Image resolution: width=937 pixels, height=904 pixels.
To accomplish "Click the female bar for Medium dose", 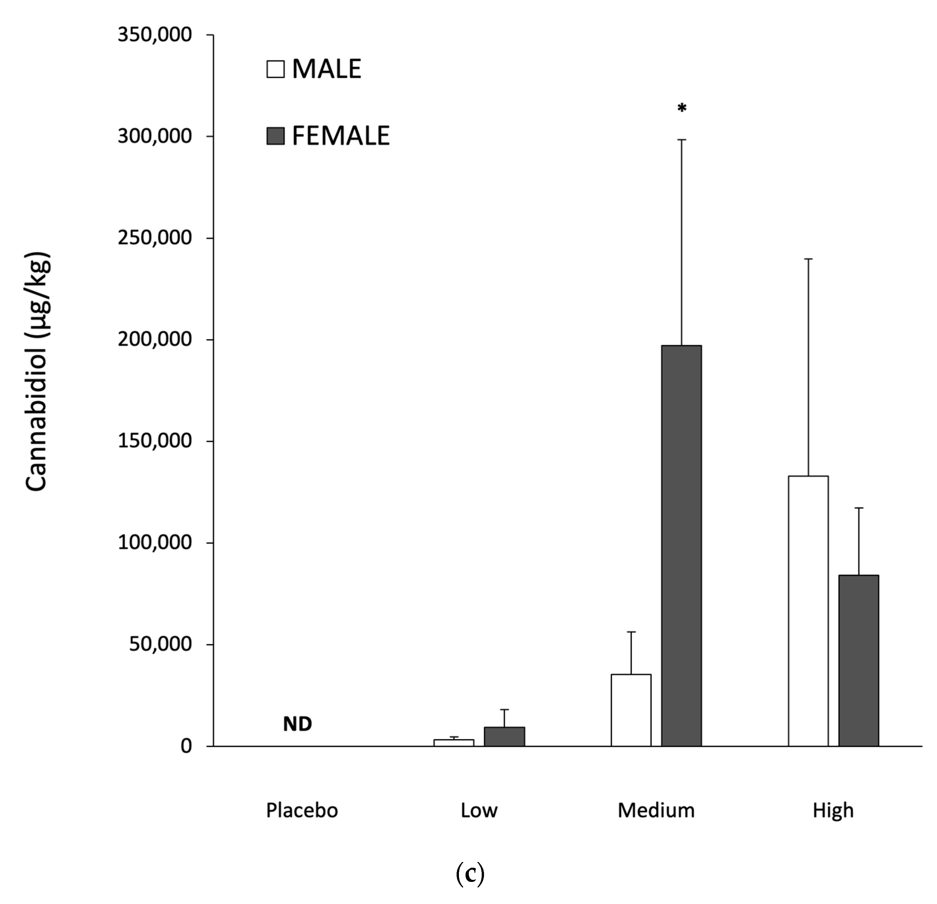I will [x=681, y=545].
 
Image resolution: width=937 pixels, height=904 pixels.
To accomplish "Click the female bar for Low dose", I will [x=504, y=736].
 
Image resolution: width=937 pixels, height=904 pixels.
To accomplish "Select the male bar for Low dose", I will [x=454, y=742].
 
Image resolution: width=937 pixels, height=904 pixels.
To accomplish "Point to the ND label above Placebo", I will [x=297, y=724].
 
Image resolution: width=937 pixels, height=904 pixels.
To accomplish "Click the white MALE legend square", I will [x=275, y=69].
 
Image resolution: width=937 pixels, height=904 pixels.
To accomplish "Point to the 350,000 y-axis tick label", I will [x=154, y=35].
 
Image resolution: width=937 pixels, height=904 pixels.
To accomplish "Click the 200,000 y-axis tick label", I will [x=154, y=339].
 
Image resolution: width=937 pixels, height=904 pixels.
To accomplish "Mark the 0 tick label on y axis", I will [x=186, y=746].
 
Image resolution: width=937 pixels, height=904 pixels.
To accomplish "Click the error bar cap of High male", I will [x=808, y=259].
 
